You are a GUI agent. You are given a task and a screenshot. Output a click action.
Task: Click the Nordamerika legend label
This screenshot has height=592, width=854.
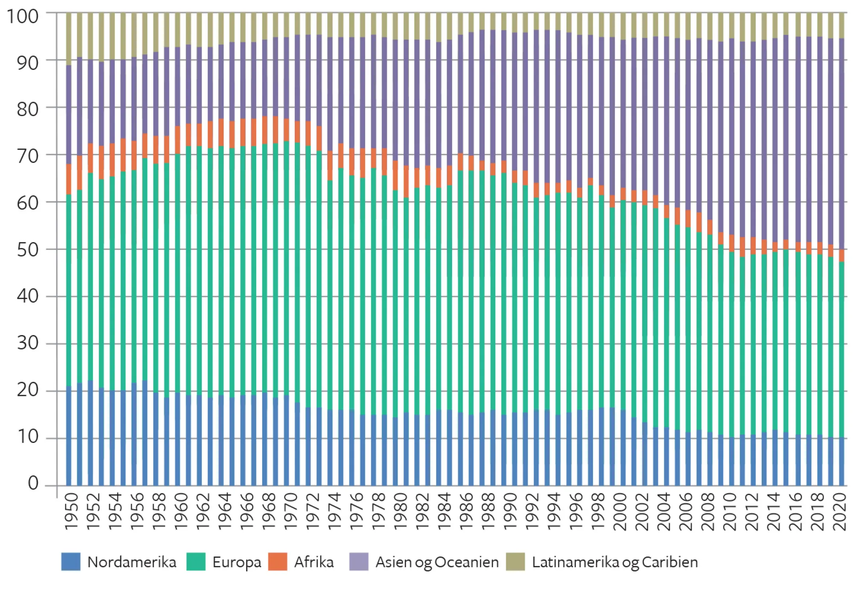point(132,562)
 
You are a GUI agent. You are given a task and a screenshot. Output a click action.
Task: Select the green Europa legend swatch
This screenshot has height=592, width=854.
point(196,562)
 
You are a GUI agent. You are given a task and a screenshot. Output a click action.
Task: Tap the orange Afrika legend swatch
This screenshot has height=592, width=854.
point(278,562)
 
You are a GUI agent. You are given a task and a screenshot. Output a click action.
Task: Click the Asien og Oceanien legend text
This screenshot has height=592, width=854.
point(437,562)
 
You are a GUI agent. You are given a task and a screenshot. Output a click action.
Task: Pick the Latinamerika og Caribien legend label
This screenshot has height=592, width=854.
point(614,562)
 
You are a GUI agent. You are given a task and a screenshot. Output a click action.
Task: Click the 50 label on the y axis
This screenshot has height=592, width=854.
point(27,250)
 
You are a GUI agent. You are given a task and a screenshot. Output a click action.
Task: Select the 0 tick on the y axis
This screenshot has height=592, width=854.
point(33,483)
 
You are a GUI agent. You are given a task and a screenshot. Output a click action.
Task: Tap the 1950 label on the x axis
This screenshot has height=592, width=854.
point(71,511)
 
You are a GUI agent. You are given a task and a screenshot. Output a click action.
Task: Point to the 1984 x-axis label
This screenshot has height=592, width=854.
point(445,511)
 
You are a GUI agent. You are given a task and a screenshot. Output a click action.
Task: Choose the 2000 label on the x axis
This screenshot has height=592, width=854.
point(620,511)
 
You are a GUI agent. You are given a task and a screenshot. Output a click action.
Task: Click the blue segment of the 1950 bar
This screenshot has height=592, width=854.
point(69,436)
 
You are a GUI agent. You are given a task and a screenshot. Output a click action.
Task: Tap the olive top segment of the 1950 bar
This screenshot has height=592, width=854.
point(69,38)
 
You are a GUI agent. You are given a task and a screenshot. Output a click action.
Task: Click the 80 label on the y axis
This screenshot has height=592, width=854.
point(27,110)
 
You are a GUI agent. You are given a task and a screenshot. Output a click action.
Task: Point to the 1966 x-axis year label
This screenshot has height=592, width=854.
point(247,511)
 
